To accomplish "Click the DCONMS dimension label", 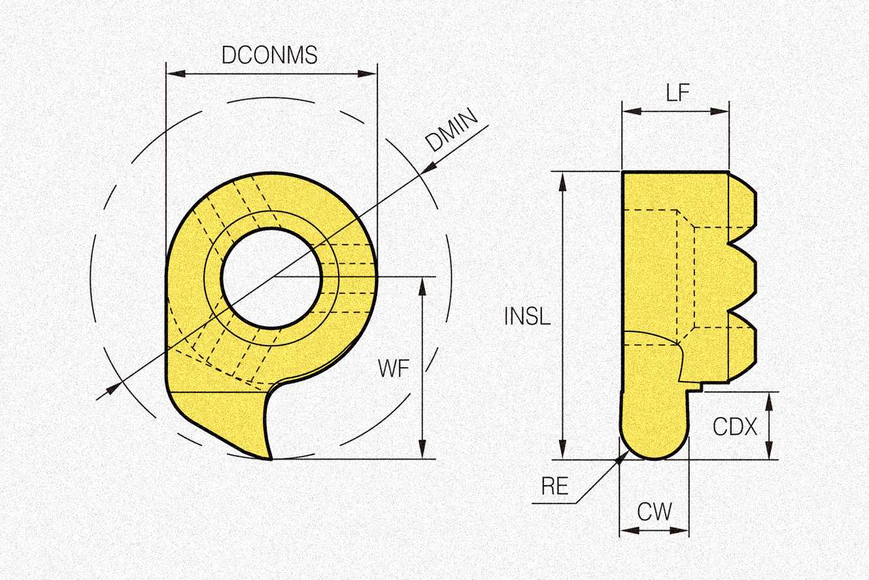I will tap(269, 56).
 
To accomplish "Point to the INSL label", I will tap(527, 316).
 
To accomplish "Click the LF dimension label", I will tap(677, 93).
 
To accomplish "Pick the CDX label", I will tap(734, 427).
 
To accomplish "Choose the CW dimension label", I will tap(655, 511).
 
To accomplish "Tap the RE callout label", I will tap(554, 486).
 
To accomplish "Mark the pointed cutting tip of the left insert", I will tap(269, 459).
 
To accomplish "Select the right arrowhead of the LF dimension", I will tap(723, 111).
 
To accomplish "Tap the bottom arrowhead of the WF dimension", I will tap(423, 452).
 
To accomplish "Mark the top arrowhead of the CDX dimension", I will tap(769, 398).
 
